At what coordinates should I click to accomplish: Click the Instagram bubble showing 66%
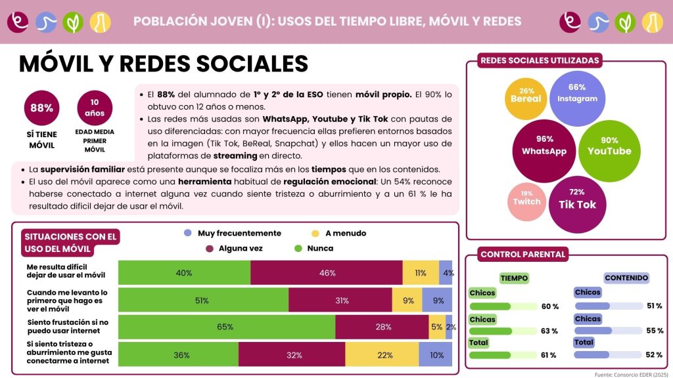pos(577,98)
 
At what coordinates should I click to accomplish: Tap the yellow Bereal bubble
pos(526,99)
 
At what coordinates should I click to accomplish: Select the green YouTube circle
pos(609,151)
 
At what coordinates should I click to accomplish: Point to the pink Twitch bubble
pos(526,201)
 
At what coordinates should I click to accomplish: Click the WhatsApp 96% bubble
pos(544,151)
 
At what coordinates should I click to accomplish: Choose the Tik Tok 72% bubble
pos(577,205)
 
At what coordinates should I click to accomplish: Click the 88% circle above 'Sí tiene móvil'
pos(41,108)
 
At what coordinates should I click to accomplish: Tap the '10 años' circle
pos(95,108)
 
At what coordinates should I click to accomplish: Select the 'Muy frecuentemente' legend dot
pos(187,233)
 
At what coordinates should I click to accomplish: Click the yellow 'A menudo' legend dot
pos(315,233)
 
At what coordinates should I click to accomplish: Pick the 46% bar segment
pos(327,272)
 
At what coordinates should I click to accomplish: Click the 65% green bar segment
pos(227,327)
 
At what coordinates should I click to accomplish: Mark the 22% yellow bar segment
pos(382,354)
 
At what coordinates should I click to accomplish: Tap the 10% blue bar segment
pos(435,354)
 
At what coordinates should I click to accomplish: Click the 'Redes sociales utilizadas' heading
pos(540,60)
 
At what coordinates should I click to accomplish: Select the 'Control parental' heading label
pos(522,254)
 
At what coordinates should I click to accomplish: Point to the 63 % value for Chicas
pos(549,331)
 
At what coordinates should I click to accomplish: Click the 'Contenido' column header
pos(626,278)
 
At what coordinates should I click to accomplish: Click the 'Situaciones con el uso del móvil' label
pos(70,243)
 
